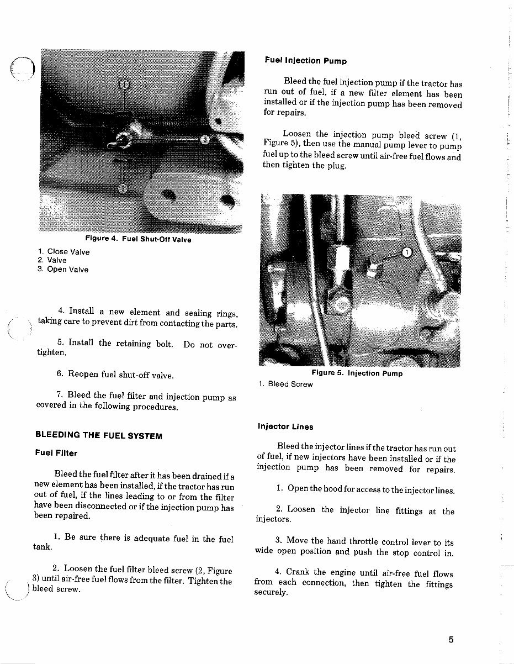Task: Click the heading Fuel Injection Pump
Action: [x=305, y=61]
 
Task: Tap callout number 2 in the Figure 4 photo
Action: [x=204, y=139]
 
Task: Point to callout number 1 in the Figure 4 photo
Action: [x=125, y=84]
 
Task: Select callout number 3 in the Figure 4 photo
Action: [x=123, y=188]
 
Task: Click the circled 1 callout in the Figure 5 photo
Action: [x=407, y=252]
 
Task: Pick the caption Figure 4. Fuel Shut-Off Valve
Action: [x=139, y=239]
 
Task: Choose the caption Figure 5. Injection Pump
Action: [x=357, y=373]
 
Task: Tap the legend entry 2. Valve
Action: [x=52, y=261]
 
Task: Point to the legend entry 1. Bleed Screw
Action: [x=285, y=384]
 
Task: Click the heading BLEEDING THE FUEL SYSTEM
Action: [x=99, y=435]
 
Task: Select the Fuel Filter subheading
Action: [x=56, y=453]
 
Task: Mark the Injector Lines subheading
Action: [x=285, y=426]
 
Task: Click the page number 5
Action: [x=451, y=640]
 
